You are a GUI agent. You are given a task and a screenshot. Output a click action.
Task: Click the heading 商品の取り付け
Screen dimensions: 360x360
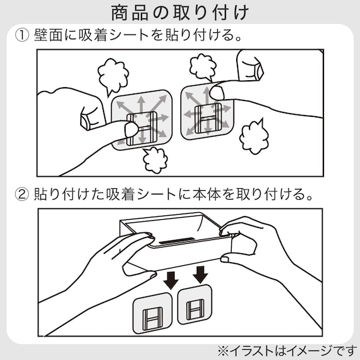pyautogui.click(x=179, y=12)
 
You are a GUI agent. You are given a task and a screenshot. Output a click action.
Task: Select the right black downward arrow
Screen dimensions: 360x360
pyautogui.click(x=201, y=275)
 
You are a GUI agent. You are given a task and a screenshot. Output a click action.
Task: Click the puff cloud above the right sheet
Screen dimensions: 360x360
pyautogui.click(x=201, y=65)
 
